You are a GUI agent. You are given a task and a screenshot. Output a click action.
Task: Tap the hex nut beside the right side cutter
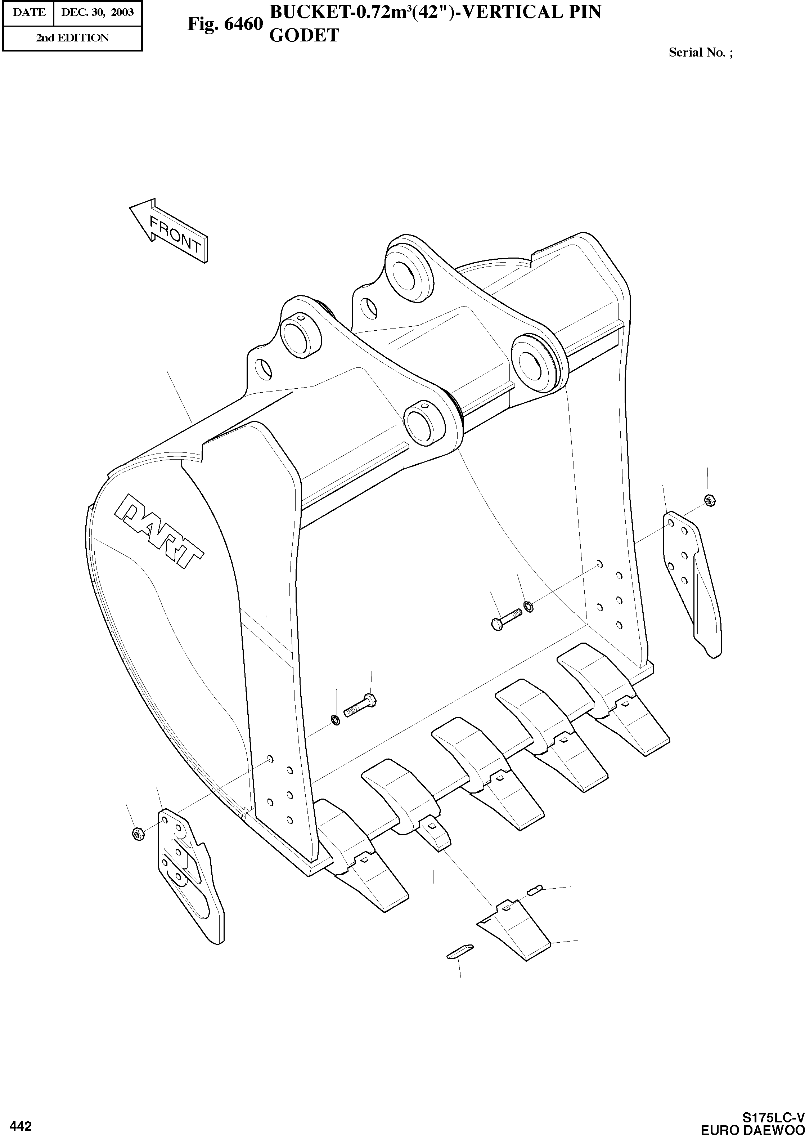point(709,500)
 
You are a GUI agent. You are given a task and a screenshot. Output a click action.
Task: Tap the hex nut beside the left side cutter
point(138,834)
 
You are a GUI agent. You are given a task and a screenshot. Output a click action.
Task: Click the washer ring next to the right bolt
point(529,606)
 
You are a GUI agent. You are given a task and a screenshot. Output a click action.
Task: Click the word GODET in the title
point(304,36)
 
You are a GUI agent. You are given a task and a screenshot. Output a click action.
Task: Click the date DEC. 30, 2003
point(97,12)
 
